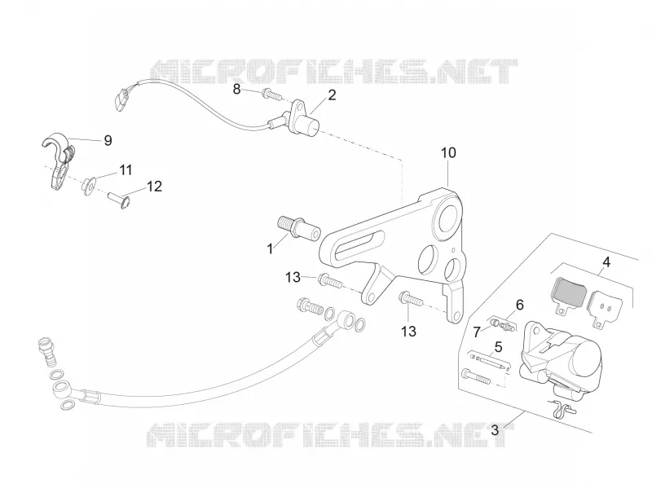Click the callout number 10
pyautogui.click(x=448, y=153)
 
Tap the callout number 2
pyautogui.click(x=332, y=95)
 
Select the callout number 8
pyautogui.click(x=236, y=89)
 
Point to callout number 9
pyautogui.click(x=108, y=140)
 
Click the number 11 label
pyautogui.click(x=126, y=170)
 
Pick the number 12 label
pyautogui.click(x=154, y=187)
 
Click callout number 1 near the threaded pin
pyautogui.click(x=271, y=249)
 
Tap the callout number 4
pyautogui.click(x=606, y=262)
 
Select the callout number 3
pyautogui.click(x=495, y=430)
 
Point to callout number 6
pyautogui.click(x=520, y=306)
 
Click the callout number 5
pyautogui.click(x=498, y=347)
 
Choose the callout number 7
pyautogui.click(x=477, y=332)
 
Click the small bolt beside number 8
pyautogui.click(x=272, y=95)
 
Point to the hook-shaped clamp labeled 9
pyautogui.click(x=59, y=160)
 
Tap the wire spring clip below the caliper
pyautogui.click(x=562, y=407)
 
